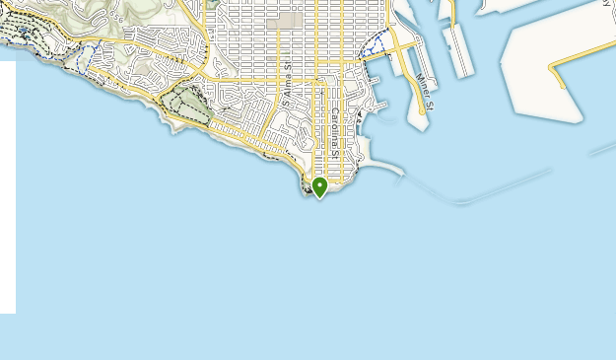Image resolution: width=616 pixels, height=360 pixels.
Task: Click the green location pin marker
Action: coord(319,186)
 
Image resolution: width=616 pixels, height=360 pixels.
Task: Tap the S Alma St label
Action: coord(287,87)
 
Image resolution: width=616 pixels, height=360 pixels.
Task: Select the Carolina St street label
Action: coord(335,133)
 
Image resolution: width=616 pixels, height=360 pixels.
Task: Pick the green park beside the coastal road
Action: coord(190,103)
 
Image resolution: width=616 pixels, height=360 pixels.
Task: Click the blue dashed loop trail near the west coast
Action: coord(86,54)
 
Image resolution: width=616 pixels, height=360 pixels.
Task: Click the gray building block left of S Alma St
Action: coord(288,20)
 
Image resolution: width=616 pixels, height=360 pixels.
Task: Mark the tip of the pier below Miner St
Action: coord(420,125)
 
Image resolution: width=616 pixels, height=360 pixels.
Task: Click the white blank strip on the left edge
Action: coord(7,187)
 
